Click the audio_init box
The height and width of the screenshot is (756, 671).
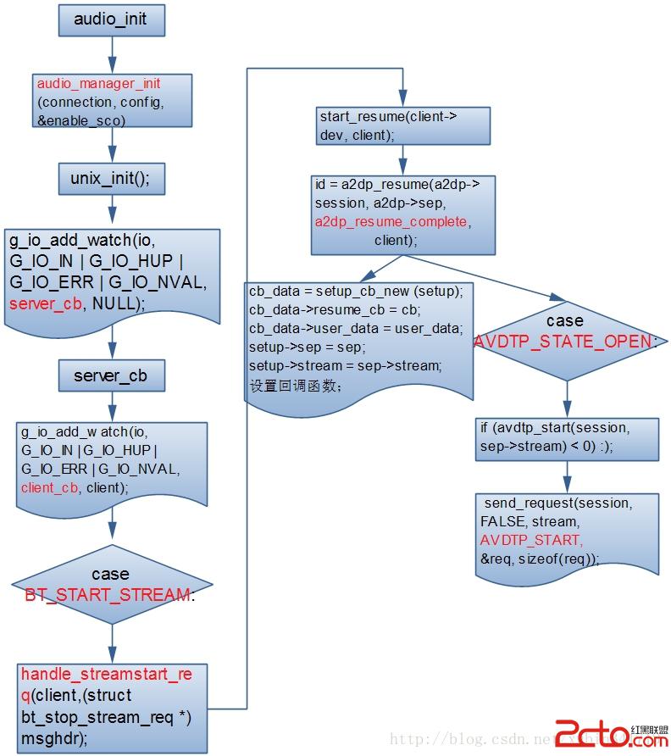pos(110,20)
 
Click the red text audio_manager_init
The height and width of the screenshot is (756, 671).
pos(98,84)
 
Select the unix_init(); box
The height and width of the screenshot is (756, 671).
pos(110,178)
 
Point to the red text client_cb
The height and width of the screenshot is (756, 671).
pos(49,487)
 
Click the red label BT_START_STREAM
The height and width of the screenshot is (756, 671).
pos(108,594)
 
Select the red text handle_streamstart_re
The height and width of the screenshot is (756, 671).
pos(107,675)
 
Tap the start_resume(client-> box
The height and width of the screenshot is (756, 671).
pos(404,125)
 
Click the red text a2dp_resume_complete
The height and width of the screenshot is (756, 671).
pos(391,221)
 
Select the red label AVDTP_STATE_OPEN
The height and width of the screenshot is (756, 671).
pos(564,342)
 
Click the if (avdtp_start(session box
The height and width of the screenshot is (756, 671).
pos(566,436)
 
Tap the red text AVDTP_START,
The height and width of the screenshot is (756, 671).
pos(530,540)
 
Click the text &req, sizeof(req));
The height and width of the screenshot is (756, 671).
pos(539,559)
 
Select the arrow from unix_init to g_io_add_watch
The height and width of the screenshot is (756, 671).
pos(110,212)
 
